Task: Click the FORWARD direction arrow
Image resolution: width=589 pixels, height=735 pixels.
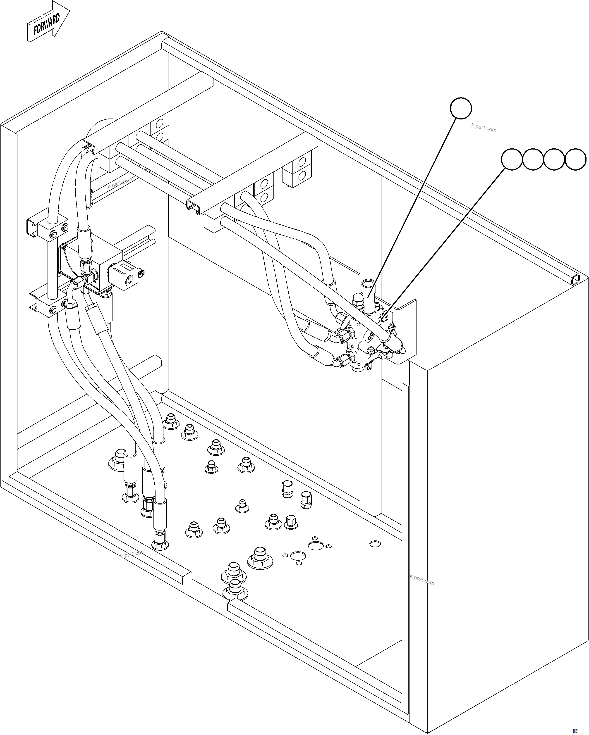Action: (x=48, y=22)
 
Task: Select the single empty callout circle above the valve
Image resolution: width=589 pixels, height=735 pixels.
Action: (x=461, y=108)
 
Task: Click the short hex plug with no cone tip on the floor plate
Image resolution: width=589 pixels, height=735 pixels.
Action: (x=291, y=522)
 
